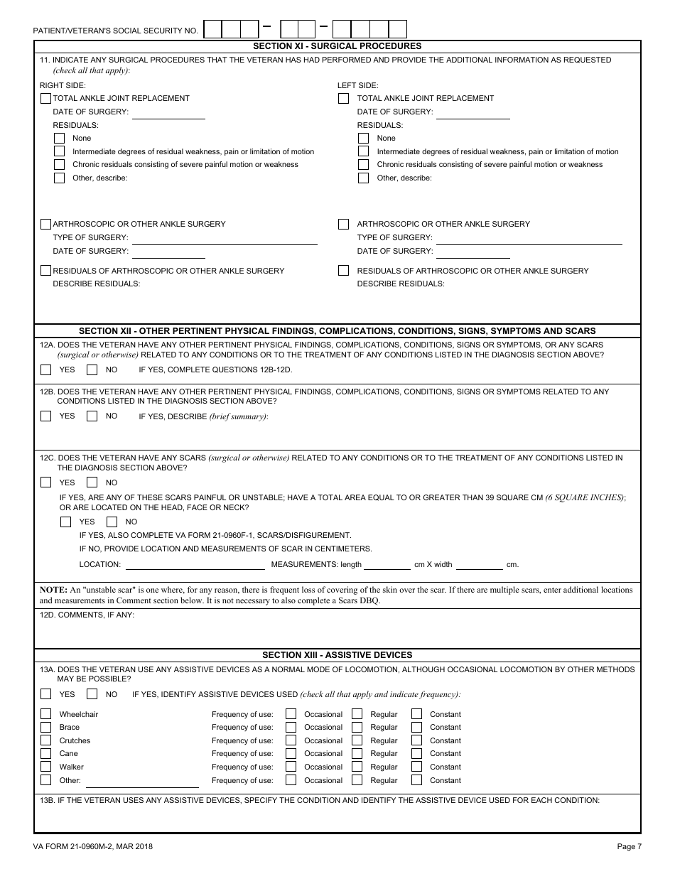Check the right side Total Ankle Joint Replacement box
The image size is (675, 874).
[46, 98]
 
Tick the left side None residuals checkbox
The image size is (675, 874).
[363, 138]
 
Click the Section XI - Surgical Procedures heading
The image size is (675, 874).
[337, 46]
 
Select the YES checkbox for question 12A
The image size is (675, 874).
[46, 369]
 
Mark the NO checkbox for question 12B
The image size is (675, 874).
[92, 416]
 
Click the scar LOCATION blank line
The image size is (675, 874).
[195, 565]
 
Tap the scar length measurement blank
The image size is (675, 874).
[387, 565]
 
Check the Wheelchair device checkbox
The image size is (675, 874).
[46, 714]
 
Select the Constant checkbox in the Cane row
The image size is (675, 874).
[416, 753]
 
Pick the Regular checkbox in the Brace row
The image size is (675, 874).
[357, 727]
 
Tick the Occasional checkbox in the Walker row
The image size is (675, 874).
[291, 767]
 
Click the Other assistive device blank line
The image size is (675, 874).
[142, 782]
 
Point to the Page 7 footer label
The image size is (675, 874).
[629, 846]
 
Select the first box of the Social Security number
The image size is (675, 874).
[213, 29]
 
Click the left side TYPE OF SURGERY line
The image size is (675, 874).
[529, 239]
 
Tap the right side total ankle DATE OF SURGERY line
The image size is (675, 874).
[168, 113]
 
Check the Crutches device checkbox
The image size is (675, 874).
[46, 740]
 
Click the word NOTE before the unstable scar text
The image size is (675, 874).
[53, 590]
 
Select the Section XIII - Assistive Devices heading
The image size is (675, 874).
[337, 654]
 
